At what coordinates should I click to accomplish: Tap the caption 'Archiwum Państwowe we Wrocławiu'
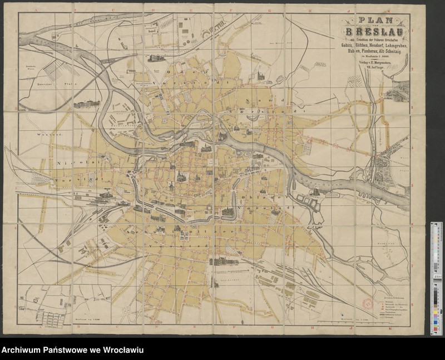pos(73,350)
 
